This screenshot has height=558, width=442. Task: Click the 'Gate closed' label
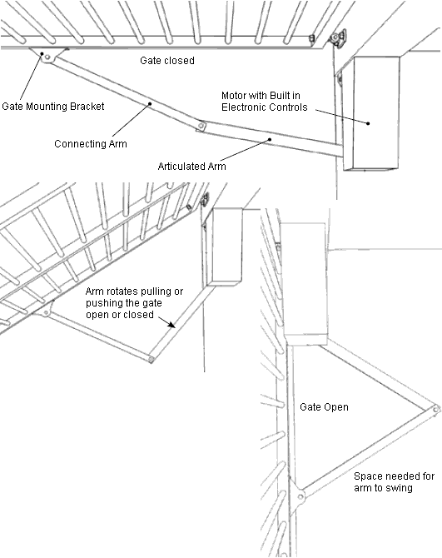click(166, 61)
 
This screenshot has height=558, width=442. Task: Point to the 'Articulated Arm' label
click(192, 166)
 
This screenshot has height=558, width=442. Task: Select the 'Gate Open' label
click(324, 407)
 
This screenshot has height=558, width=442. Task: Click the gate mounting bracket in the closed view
click(47, 57)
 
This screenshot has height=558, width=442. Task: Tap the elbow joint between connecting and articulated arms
click(201, 126)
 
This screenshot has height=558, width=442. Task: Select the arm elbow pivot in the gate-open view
click(435, 407)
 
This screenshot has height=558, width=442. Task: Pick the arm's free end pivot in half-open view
click(150, 360)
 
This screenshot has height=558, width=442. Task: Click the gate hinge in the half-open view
click(201, 201)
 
